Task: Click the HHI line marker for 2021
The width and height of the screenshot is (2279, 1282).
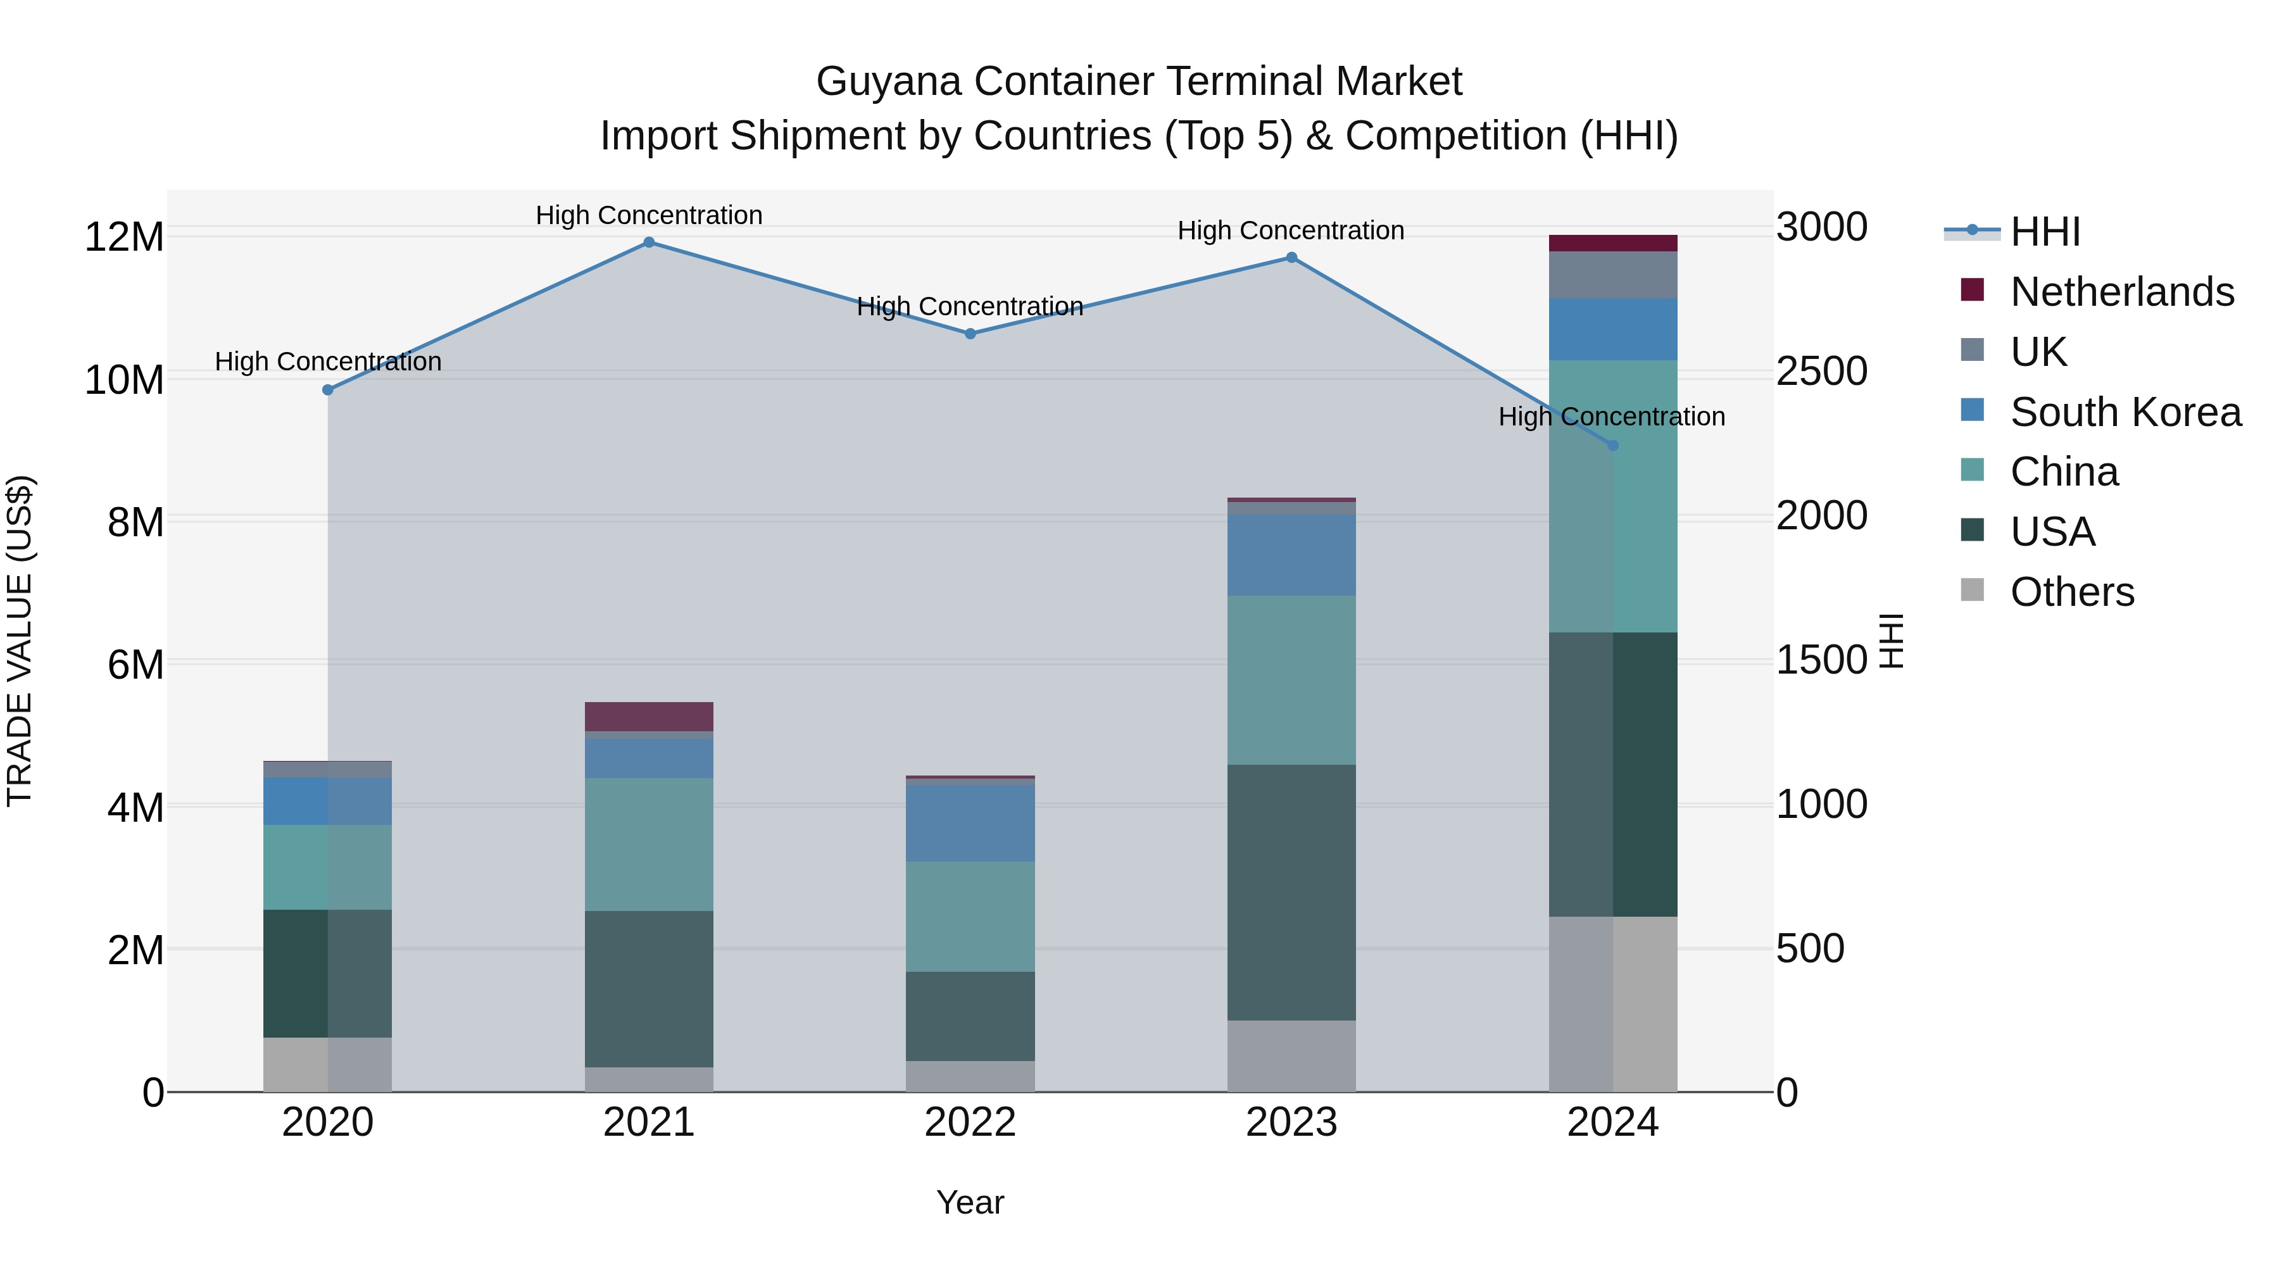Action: point(648,242)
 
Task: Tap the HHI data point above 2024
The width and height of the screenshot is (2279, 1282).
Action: point(1612,445)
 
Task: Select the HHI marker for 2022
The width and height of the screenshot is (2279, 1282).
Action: point(970,334)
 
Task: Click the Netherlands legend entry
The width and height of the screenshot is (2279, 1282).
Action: point(2121,292)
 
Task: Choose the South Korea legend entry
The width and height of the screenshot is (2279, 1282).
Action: point(2125,412)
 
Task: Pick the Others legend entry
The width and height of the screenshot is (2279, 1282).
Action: point(2071,592)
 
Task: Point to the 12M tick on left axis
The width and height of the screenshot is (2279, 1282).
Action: point(125,237)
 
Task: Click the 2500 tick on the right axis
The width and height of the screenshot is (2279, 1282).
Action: point(1821,372)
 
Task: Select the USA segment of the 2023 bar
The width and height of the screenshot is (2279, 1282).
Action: point(1291,892)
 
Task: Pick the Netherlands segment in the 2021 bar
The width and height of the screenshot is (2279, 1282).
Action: point(648,717)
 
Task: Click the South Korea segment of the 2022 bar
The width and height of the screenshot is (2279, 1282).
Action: point(970,823)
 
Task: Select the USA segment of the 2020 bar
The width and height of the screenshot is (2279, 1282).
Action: point(327,973)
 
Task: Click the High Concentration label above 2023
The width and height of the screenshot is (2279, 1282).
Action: point(1290,231)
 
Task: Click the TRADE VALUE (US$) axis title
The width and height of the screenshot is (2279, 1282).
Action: point(20,641)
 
